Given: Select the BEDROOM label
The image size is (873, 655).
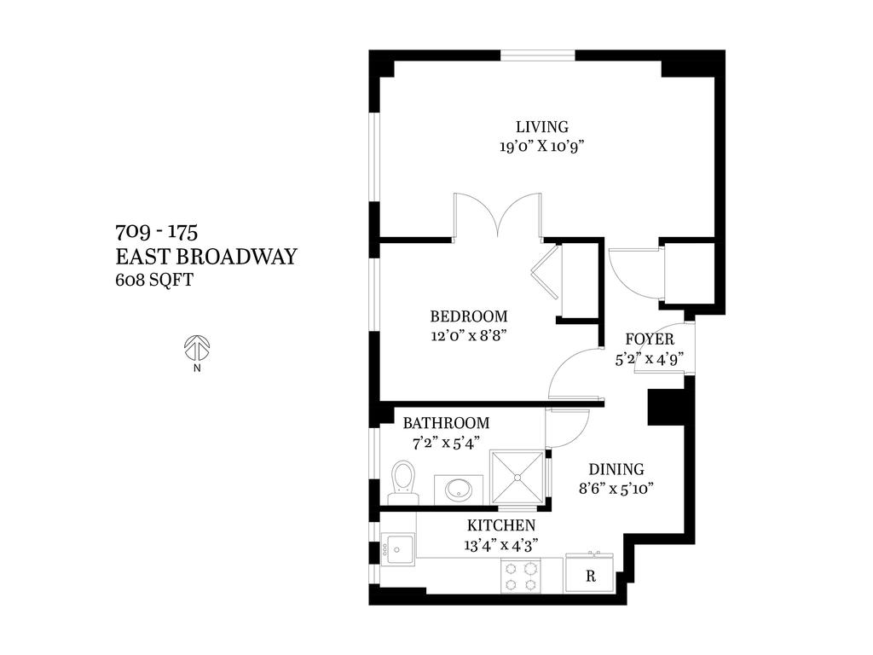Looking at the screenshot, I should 468,316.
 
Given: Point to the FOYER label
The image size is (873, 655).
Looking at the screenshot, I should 650,339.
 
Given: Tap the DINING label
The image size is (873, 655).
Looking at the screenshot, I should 616,469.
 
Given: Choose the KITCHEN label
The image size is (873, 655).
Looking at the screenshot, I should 501,525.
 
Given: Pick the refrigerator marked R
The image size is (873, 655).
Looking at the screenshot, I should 590,576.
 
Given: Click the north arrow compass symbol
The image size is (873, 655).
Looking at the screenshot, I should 197,348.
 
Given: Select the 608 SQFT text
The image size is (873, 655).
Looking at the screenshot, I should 153,278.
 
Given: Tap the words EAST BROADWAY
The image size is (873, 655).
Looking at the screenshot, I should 205,256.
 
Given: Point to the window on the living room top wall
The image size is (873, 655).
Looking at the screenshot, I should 538,55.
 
